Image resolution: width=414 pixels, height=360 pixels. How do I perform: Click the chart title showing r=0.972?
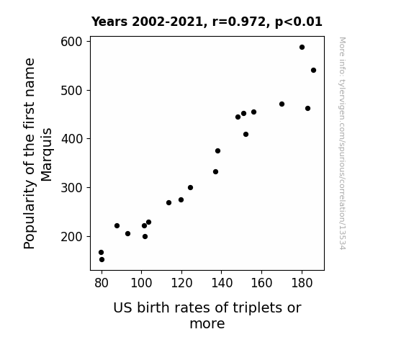coord(207,22)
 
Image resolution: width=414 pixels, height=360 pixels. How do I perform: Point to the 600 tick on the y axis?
coord(71,42)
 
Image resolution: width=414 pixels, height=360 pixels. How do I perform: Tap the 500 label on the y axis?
coord(71,91)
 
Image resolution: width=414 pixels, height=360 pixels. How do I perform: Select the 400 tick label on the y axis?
coord(71,139)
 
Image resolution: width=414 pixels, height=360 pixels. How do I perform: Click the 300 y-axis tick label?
coord(71,188)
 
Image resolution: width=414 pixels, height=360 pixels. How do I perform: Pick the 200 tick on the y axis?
coord(71,237)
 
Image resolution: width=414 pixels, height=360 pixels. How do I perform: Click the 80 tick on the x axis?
coord(102,283)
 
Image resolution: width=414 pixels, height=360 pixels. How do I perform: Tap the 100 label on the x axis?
coord(142,283)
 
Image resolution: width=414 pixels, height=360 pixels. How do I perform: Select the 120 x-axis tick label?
coord(181,283)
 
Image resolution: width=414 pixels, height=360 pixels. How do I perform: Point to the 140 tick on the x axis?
coord(222,283)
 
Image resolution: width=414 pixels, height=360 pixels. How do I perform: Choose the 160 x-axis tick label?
coord(261,283)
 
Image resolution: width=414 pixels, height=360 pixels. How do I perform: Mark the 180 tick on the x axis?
coord(302,283)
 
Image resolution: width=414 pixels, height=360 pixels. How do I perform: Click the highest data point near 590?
coord(302,48)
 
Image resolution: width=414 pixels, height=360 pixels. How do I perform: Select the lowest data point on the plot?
coord(102,260)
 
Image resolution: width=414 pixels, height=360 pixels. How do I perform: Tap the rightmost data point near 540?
coord(313,71)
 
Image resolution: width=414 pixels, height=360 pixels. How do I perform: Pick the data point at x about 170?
coord(282,104)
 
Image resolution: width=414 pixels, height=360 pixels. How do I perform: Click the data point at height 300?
coord(190,187)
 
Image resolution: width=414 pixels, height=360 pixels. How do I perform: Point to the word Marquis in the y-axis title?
coord(47,155)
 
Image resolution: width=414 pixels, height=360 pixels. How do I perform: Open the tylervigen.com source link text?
coord(342,143)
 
